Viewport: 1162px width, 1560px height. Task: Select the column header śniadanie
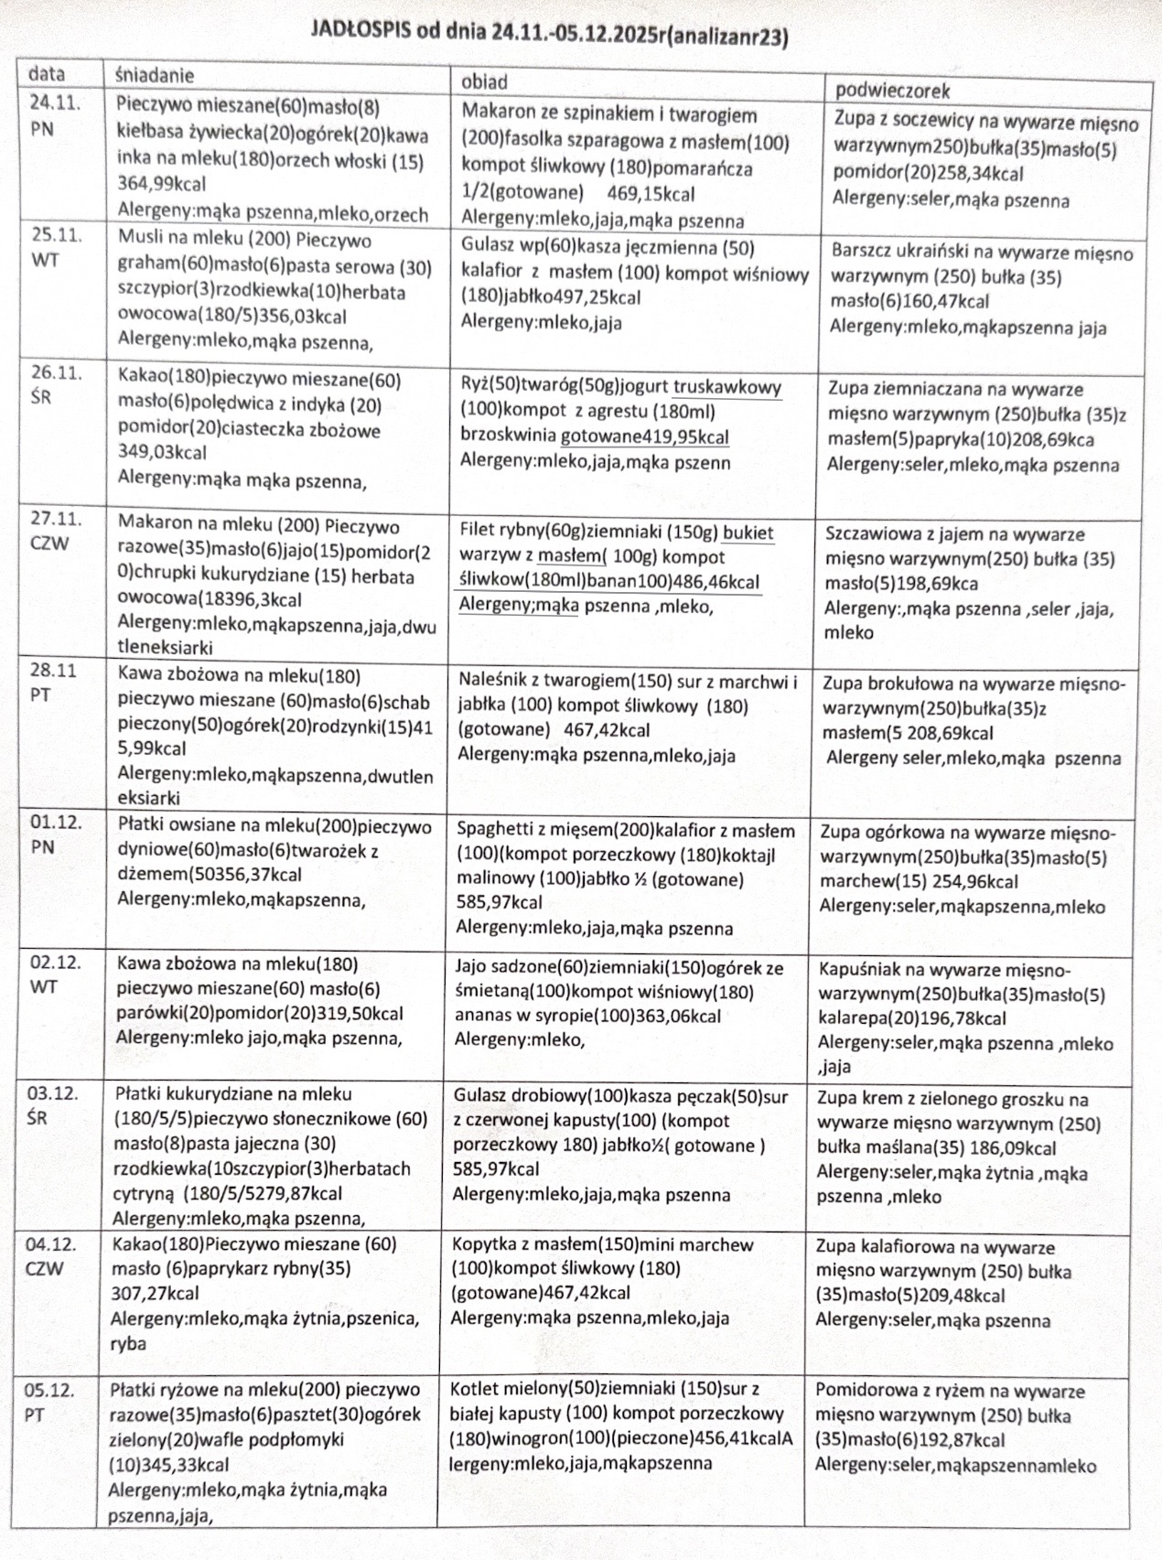coord(155,75)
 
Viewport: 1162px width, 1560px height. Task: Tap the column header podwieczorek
coord(892,90)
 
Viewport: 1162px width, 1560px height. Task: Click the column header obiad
coord(484,82)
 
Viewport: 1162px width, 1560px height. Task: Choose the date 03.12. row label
coord(52,1093)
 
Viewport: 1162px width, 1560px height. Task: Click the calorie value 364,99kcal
coord(162,184)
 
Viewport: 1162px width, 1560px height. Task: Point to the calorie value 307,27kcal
coord(155,1294)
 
